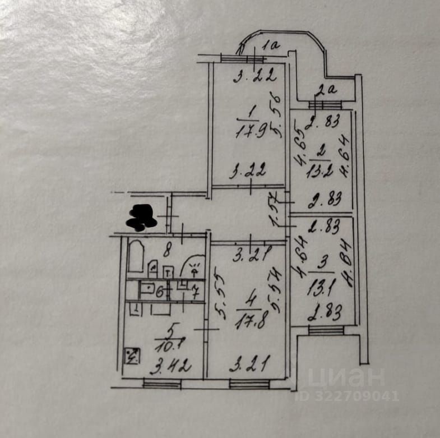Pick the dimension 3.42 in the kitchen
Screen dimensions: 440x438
[172, 367]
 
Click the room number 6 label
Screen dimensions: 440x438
[159, 292]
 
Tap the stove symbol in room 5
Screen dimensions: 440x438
[132, 355]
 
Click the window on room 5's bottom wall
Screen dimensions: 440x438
[161, 384]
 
